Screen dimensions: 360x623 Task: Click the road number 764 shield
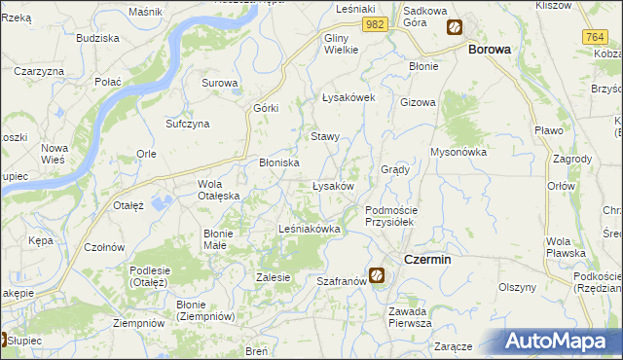[597, 36]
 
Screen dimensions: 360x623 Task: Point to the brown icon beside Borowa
[455, 28]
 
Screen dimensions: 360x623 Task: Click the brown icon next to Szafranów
[377, 276]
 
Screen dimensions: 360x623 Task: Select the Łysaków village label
[332, 186]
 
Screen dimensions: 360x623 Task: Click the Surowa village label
[220, 83]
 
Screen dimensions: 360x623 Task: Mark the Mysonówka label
[458, 152]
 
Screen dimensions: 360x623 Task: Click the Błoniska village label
[278, 162]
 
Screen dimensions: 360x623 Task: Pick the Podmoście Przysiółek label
[390, 216]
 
